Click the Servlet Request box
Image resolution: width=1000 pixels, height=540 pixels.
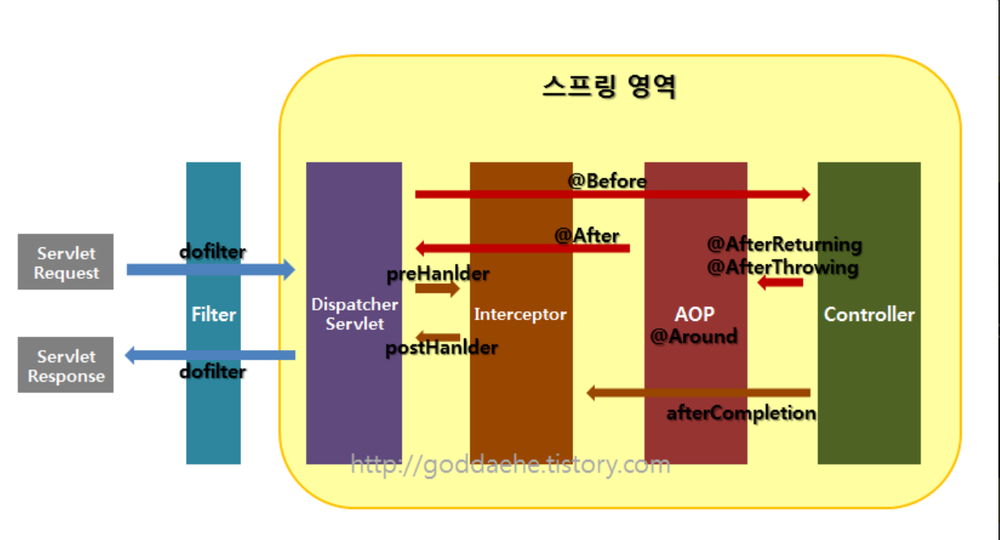pos(65,262)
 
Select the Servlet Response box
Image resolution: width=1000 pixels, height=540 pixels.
pos(65,365)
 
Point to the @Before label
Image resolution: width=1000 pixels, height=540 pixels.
pos(607,181)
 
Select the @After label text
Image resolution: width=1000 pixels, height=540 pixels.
pos(587,235)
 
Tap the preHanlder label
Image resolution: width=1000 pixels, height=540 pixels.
pos(438,273)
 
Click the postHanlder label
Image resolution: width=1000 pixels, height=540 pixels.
pos(441,348)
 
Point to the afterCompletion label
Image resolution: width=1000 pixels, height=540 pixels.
pos(741,413)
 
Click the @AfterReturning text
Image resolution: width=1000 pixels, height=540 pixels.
pos(784,243)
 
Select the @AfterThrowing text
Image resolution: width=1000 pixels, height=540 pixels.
pos(783,267)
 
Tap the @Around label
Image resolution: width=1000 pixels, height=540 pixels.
pos(694,335)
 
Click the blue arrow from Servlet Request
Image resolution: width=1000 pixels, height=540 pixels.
pos(210,270)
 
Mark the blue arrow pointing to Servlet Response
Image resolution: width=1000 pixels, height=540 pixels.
pos(210,354)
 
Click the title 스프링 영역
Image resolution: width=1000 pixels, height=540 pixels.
pos(609,86)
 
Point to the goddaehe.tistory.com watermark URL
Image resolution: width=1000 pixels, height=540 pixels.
pos(510,465)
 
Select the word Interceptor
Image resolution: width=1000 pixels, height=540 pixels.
pos(521,314)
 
